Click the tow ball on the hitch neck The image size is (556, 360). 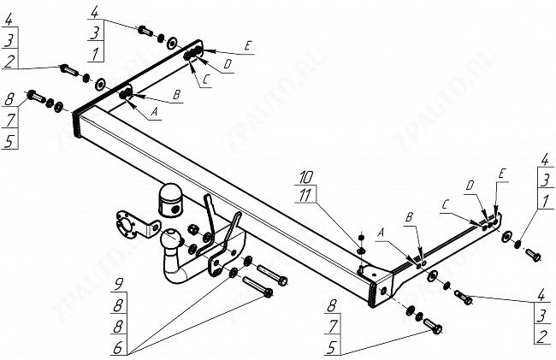pos(171,239)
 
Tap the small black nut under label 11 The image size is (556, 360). pos(360,236)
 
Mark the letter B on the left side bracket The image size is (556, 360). pos(177,95)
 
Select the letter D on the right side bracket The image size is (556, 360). pos(470,186)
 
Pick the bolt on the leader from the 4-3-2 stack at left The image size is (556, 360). pos(68,68)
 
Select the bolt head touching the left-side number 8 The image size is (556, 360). pos(34,95)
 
